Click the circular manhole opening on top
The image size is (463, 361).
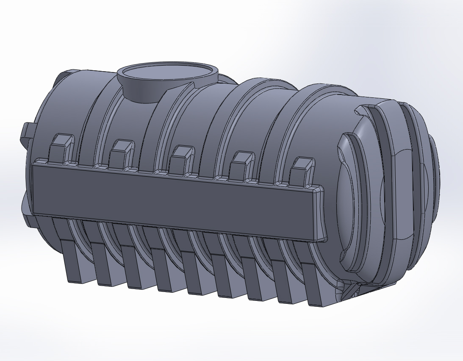click(x=167, y=72)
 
